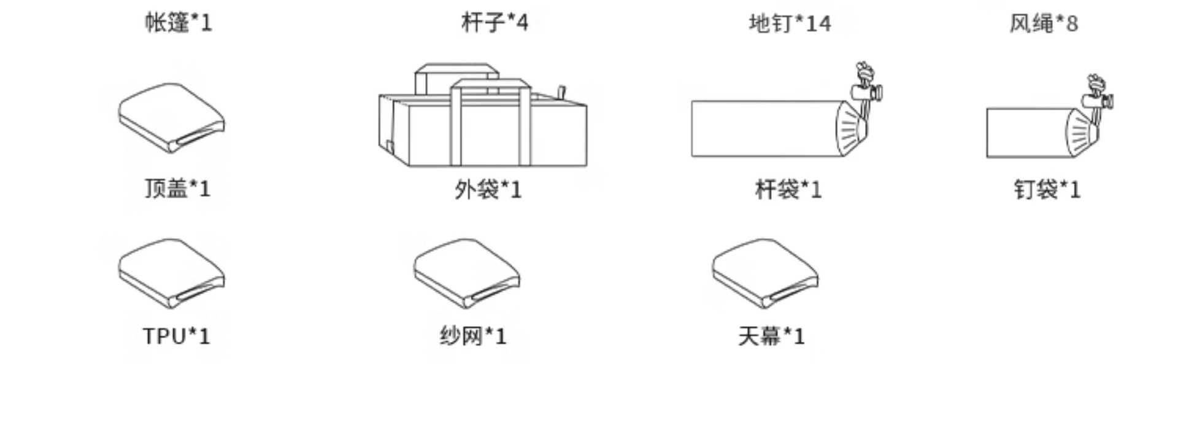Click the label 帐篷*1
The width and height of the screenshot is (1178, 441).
click(x=178, y=23)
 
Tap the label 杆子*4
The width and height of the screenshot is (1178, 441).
click(x=495, y=23)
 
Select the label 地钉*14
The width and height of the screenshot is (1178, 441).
click(x=790, y=24)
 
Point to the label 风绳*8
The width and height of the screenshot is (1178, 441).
click(x=1044, y=24)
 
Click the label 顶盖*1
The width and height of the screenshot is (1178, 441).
click(x=177, y=189)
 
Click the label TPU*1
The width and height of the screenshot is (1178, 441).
click(x=177, y=337)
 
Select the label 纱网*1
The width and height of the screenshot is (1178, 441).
click(x=473, y=337)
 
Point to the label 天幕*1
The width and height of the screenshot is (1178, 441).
click(x=771, y=337)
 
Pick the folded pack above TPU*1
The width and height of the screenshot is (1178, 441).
click(x=172, y=274)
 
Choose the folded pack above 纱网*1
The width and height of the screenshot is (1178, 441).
click(x=467, y=274)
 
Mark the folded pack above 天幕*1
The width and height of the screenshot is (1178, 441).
click(x=765, y=274)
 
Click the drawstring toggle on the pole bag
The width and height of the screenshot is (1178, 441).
click(x=867, y=92)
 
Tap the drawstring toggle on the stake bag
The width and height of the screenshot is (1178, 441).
click(x=1098, y=100)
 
